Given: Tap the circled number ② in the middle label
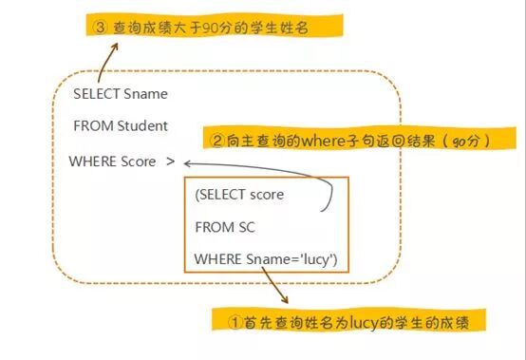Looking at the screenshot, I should point(217,141).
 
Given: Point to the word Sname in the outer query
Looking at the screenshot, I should point(146,94).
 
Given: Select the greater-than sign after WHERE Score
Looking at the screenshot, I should point(170,161).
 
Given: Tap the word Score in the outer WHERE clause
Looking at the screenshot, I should point(139,161).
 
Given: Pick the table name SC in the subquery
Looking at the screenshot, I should point(246,227).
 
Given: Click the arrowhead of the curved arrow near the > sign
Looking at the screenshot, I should point(193,162).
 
